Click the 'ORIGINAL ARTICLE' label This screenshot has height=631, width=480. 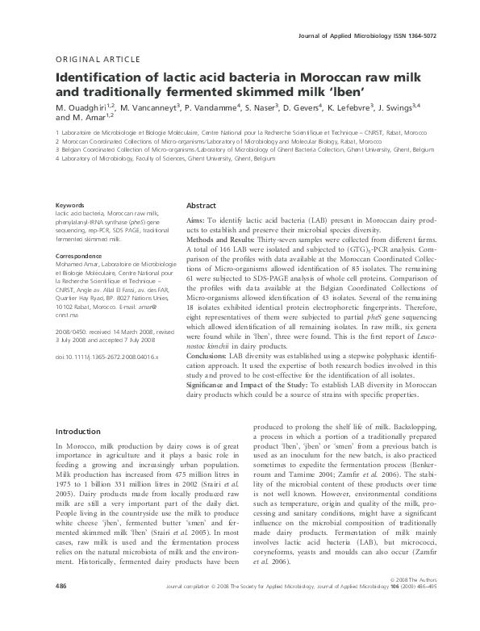click(x=89, y=60)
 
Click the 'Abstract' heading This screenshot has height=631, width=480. click(x=202, y=206)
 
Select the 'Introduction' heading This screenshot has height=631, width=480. click(x=77, y=432)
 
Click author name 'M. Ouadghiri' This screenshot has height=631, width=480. click(x=85, y=107)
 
